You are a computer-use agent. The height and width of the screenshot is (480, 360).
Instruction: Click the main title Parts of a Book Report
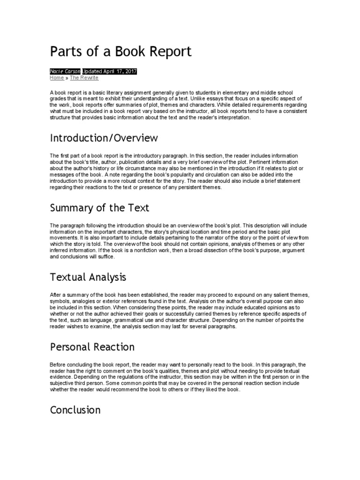coord(120,52)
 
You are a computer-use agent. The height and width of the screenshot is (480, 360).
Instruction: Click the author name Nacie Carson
coord(65,71)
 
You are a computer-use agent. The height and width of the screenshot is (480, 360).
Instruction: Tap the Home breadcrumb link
coord(56,78)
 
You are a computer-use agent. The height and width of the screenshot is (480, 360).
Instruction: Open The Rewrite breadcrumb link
coord(84,78)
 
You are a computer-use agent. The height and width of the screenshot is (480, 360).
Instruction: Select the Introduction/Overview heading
coord(104,138)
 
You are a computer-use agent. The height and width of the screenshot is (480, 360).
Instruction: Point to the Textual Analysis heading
coord(88,278)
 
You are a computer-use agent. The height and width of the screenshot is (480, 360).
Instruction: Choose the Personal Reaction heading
coord(92,347)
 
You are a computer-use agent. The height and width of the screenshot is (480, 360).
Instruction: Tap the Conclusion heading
coord(75,410)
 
